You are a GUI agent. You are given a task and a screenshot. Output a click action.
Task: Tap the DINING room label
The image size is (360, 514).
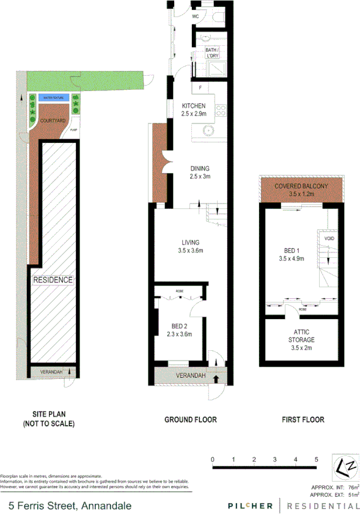[x=199, y=169]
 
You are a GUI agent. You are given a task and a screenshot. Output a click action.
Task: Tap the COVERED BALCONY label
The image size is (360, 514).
[x=301, y=186]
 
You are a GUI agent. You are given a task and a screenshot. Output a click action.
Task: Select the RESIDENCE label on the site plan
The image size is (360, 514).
[x=53, y=280]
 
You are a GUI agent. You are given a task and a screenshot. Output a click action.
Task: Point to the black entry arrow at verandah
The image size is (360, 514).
[x=215, y=378]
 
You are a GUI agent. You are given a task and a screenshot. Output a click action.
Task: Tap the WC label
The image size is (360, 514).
[x=196, y=17]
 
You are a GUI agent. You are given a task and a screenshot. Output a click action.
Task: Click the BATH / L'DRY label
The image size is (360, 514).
[x=212, y=53]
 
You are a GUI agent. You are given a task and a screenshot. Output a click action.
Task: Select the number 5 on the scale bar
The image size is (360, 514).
[x=316, y=458]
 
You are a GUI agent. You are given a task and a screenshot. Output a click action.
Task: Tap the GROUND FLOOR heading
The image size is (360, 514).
[x=190, y=420]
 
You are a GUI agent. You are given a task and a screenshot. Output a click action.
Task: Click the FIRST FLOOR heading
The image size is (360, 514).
[x=303, y=420]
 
